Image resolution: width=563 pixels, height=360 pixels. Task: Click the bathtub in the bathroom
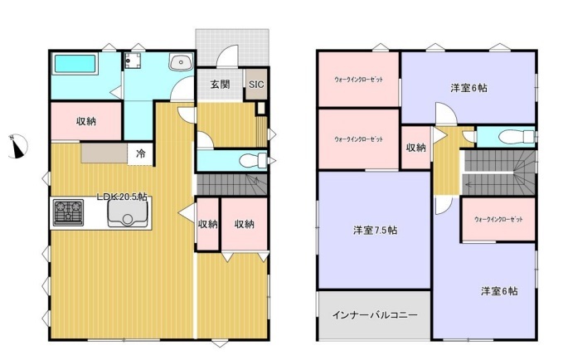[75, 64]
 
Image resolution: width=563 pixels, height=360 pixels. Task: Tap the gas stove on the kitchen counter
[68, 212]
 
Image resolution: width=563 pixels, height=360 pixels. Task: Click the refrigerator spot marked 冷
[141, 153]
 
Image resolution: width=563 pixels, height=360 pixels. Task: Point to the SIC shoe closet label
[256, 85]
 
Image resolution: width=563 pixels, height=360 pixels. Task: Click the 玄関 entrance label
[220, 85]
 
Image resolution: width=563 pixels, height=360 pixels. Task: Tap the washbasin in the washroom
[182, 62]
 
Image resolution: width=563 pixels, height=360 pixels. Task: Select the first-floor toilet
[253, 160]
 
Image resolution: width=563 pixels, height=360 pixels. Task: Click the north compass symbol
[17, 146]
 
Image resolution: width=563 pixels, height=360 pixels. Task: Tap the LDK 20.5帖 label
[122, 197]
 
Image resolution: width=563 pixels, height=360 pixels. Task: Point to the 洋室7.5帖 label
[376, 231]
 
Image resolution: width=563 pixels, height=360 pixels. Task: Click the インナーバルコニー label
[375, 315]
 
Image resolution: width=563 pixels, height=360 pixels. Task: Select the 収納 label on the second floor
[415, 148]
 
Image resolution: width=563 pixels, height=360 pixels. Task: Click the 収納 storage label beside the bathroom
[86, 121]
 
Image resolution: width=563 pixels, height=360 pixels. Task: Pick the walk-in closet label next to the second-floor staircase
[498, 219]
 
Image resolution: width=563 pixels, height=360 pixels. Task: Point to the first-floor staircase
[232, 184]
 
